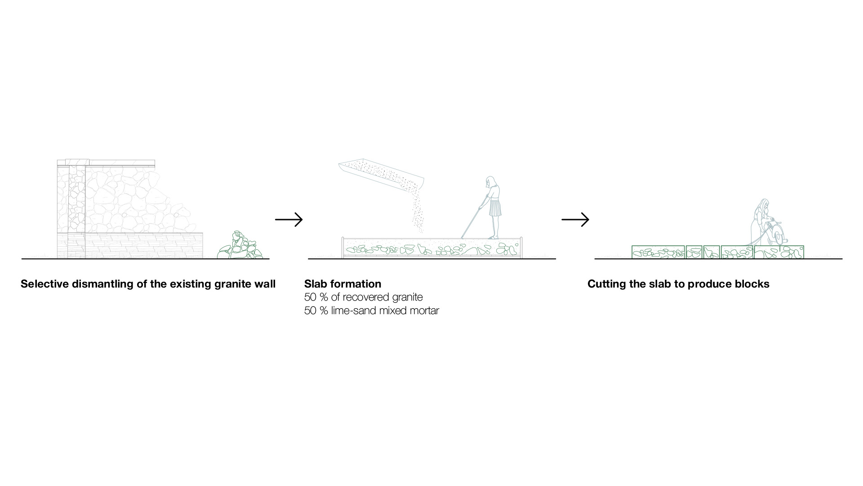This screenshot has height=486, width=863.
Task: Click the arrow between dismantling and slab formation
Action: click(289, 220)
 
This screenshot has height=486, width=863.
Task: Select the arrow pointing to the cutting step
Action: click(575, 220)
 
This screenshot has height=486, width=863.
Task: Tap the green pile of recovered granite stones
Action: click(240, 247)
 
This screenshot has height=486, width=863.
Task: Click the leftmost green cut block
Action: click(658, 252)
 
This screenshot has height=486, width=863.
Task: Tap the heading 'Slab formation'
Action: click(343, 284)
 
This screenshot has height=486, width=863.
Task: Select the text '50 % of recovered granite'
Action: click(363, 297)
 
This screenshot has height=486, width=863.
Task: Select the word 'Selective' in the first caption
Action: click(44, 284)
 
